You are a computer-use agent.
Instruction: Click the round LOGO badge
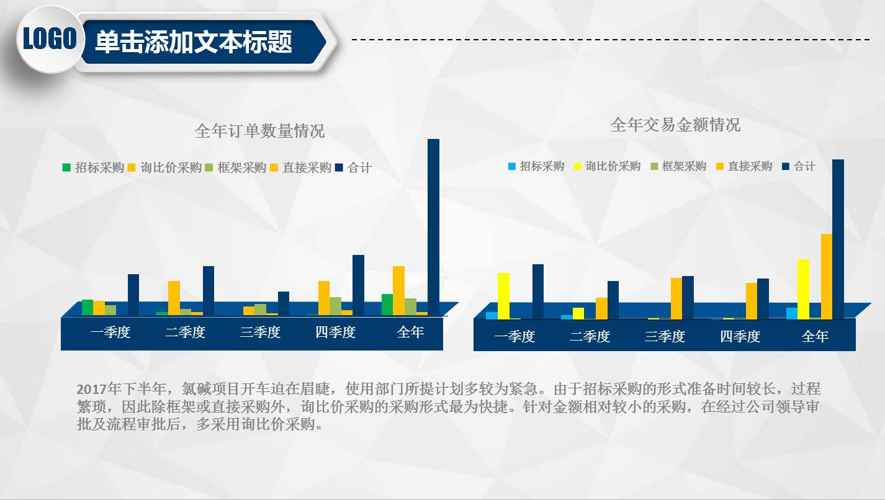coord(49,40)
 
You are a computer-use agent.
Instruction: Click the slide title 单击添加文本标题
coord(194,42)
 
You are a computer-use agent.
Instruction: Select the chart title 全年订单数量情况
coord(259,132)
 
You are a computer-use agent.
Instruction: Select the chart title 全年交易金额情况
coord(675,125)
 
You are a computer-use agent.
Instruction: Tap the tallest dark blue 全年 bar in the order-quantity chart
coord(433,226)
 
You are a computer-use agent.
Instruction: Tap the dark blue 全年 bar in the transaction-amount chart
coord(838,239)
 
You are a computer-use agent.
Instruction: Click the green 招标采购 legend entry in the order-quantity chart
coord(93,167)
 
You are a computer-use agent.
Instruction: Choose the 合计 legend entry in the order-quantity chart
coord(353,167)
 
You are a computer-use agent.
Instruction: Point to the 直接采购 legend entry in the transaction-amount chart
coord(744,166)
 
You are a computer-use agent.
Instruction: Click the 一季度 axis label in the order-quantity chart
coord(110,333)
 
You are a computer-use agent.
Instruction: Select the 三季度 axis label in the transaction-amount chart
coord(665,337)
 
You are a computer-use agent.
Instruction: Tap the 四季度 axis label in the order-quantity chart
coord(335,333)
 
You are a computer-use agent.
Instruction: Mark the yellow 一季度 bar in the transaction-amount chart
coord(503,295)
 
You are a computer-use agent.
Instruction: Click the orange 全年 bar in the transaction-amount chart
coord(826,276)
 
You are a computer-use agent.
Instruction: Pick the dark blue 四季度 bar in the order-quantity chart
coord(358,285)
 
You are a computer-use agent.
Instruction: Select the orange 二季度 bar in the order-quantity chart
coord(174,298)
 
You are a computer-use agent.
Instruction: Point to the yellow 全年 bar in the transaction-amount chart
coord(803,288)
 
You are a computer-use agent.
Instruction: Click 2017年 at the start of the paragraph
coord(91,390)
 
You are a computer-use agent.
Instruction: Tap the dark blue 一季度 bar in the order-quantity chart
coord(133,295)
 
